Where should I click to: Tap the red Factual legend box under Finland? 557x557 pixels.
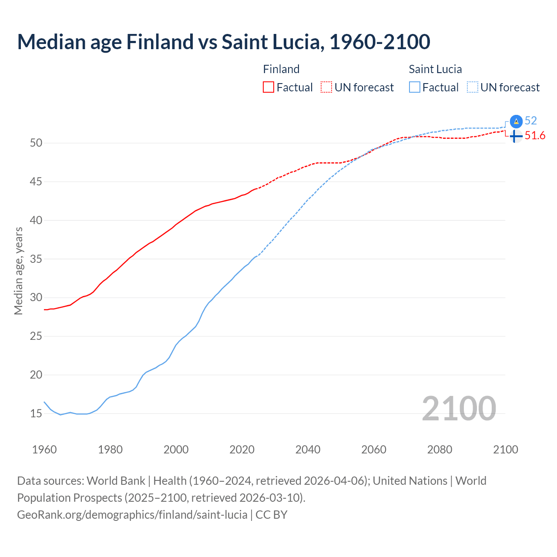point(268,87)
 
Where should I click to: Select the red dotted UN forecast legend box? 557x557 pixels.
point(326,87)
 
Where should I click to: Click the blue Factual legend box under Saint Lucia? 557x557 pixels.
point(415,87)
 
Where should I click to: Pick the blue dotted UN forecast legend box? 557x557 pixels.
point(473,87)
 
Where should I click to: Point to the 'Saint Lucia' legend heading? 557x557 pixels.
point(435,69)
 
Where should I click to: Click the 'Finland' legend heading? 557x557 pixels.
point(281,69)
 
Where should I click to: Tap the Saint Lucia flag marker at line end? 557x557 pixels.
point(516,121)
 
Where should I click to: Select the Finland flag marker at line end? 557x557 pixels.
point(516,136)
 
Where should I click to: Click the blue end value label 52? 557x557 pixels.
point(531,121)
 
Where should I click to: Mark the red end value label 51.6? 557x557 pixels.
point(535,136)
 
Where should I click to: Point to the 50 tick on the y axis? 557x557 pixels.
point(36,143)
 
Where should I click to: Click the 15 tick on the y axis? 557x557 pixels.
point(36,413)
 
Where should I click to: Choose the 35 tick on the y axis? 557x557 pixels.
point(36,259)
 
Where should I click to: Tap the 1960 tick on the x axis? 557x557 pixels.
point(44,450)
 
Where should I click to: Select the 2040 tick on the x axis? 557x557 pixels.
point(308,450)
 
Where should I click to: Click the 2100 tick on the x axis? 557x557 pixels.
point(505,450)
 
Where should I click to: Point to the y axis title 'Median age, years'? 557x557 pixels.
point(18,271)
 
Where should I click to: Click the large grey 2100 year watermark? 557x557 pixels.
point(459,408)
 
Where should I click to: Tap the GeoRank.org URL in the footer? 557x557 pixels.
point(132,515)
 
